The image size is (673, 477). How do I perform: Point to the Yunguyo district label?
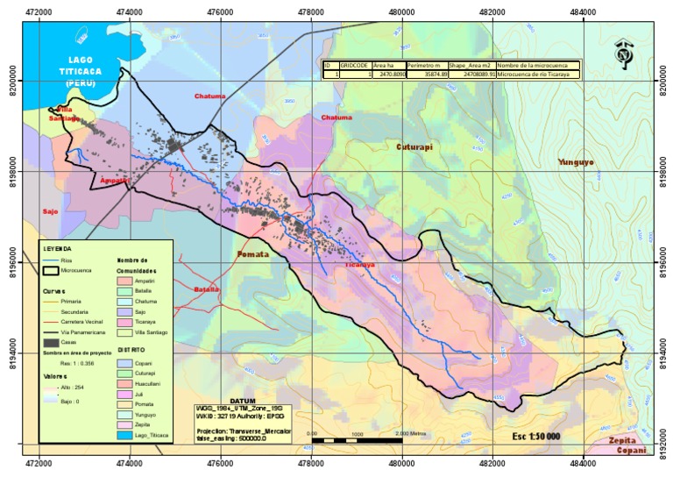[577, 162]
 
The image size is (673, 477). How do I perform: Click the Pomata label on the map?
[252, 254]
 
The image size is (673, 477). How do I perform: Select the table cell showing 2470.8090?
[389, 75]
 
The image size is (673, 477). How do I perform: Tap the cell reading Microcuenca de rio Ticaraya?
[535, 75]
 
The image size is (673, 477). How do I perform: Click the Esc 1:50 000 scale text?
[535, 436]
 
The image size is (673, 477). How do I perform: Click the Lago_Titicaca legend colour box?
[125, 434]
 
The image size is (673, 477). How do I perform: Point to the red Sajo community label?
[49, 211]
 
